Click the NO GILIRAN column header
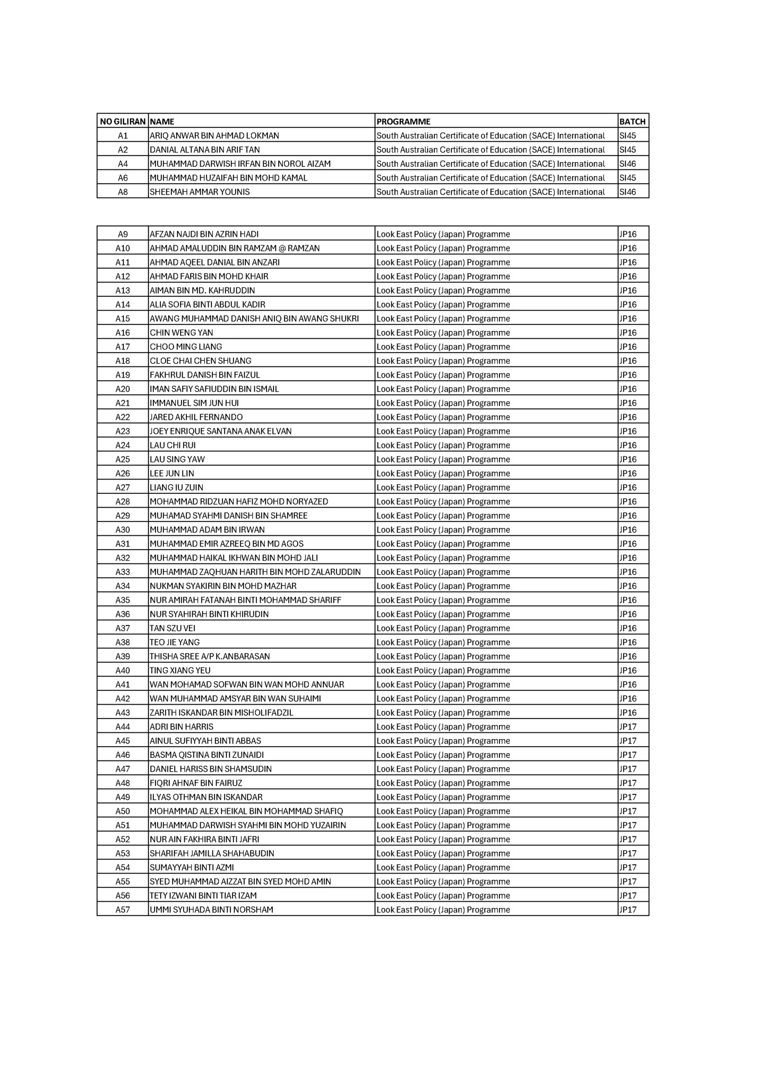(123, 122)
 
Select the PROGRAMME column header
(403, 122)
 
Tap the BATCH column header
(632, 122)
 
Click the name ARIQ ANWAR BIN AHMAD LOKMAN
(214, 136)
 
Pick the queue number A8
(123, 192)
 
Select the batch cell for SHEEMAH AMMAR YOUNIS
(628, 192)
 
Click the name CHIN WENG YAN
(182, 333)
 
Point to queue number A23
(123, 431)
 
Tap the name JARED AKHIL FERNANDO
(196, 417)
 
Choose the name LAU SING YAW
(177, 459)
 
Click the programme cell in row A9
(443, 234)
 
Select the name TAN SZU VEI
(173, 628)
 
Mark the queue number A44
(123, 727)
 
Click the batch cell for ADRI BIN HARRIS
(628, 727)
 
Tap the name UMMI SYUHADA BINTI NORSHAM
(212, 910)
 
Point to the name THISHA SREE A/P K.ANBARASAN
(210, 656)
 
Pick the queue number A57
(123, 910)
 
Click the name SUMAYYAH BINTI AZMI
(192, 868)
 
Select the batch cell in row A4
(628, 164)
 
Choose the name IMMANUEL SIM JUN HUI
(194, 403)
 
